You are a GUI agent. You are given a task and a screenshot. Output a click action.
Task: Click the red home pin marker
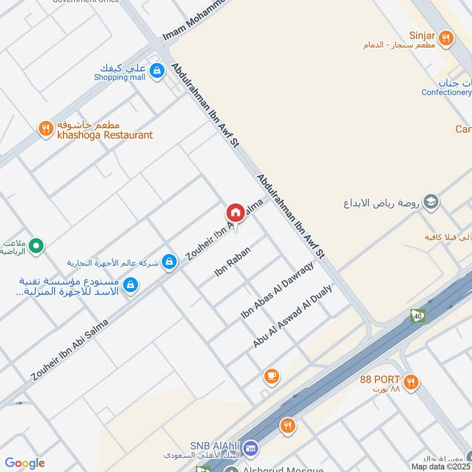click(x=235, y=212)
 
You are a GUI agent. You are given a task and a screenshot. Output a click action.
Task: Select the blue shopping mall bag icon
click(x=156, y=71)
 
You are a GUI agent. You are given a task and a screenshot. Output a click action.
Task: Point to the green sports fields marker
click(x=36, y=244)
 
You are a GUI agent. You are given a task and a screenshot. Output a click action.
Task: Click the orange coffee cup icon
click(x=271, y=376)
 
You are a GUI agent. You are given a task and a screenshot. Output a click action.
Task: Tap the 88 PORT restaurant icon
click(x=412, y=382)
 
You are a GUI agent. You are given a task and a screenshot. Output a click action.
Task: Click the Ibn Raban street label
click(x=232, y=261)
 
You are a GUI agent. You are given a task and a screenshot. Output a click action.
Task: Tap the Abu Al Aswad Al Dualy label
click(x=293, y=315)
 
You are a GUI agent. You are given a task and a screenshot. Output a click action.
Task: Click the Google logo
click(x=25, y=463)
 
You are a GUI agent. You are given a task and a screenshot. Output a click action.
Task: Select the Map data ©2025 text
click(x=441, y=466)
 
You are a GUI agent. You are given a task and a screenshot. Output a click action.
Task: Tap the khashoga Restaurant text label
click(x=104, y=135)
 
